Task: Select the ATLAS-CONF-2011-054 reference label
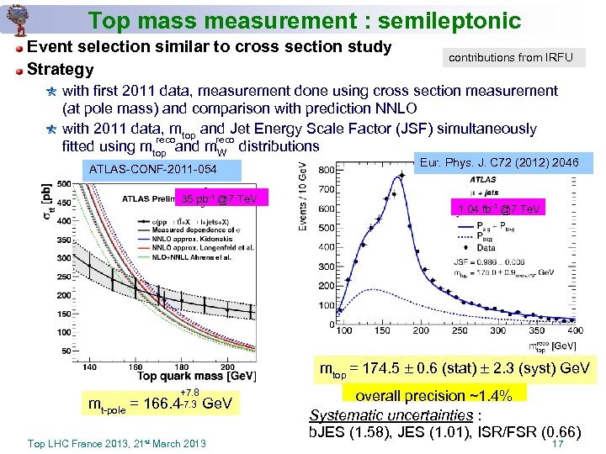click(x=153, y=171)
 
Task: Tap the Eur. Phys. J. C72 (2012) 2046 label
click(x=499, y=162)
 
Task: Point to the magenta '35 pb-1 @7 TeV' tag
click(x=219, y=199)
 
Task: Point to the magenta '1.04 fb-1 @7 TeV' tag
click(x=499, y=209)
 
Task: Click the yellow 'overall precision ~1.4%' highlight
click(x=433, y=395)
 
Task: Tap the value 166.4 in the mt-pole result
click(x=161, y=404)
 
